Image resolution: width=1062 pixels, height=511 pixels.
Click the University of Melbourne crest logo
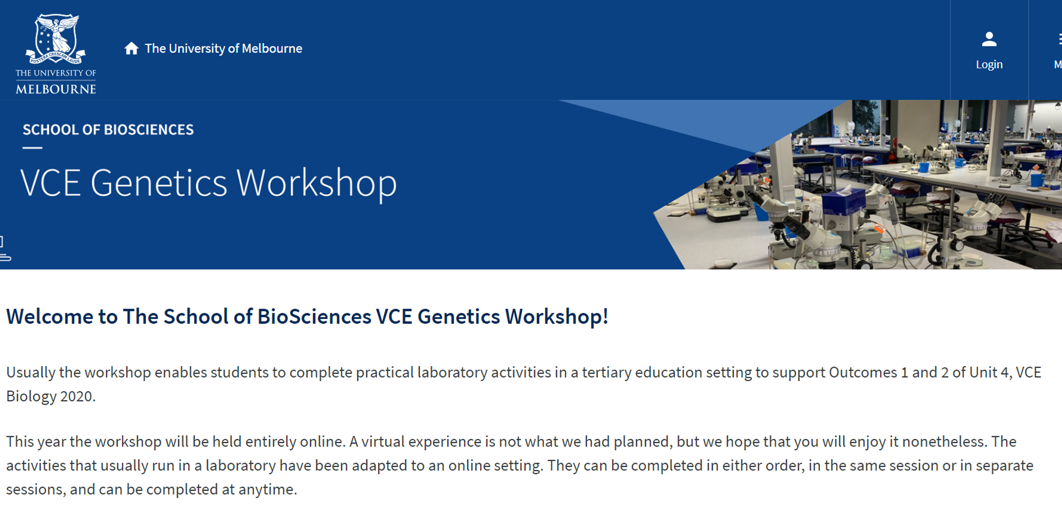click(x=56, y=39)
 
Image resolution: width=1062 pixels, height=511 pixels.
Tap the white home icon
click(x=131, y=48)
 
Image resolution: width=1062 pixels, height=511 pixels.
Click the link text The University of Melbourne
click(x=223, y=48)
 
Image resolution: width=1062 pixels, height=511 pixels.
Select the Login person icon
click(x=989, y=40)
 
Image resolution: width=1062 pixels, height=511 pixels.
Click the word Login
click(x=989, y=65)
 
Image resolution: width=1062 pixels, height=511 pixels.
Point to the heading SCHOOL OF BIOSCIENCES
click(x=108, y=130)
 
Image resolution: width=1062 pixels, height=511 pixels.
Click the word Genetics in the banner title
click(x=159, y=184)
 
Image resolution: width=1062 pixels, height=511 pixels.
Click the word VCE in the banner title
click(x=51, y=184)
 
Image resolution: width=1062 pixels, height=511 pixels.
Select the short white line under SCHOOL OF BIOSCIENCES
click(x=32, y=148)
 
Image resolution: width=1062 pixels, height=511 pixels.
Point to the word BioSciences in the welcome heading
click(x=314, y=316)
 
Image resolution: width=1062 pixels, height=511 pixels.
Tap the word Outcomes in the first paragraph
click(x=863, y=373)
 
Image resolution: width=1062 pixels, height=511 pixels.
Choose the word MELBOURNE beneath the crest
click(x=56, y=89)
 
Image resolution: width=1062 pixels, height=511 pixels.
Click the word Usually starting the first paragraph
click(x=31, y=373)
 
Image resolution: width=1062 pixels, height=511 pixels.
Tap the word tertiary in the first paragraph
click(x=607, y=373)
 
